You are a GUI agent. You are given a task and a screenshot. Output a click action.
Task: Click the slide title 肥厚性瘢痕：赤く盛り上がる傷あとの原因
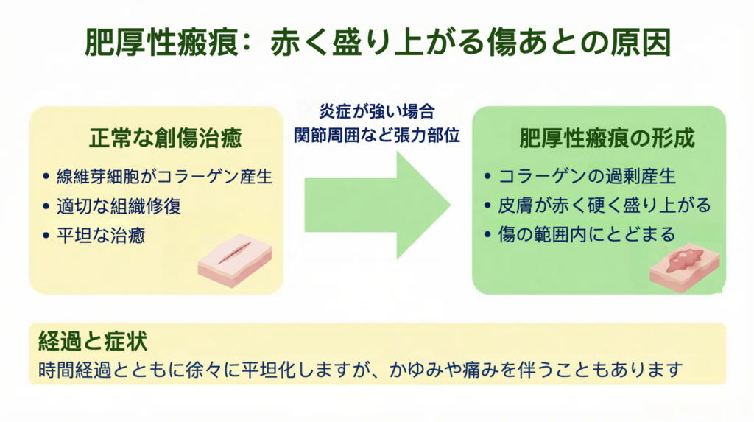[x=378, y=43]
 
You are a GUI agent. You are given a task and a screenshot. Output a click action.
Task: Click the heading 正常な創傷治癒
[x=165, y=138]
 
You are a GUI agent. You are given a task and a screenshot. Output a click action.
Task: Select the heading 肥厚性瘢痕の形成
[x=607, y=138]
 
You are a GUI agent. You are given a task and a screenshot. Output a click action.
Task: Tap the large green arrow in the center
[x=378, y=205]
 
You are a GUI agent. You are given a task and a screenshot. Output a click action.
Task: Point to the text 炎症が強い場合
[x=377, y=112]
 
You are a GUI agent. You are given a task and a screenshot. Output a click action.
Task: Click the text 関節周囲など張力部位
[x=377, y=136]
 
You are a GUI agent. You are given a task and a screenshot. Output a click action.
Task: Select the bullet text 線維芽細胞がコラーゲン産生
[x=164, y=177]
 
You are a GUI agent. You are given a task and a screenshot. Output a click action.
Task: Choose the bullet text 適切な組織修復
[x=119, y=206]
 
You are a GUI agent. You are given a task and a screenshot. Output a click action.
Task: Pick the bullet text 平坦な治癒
[x=101, y=236]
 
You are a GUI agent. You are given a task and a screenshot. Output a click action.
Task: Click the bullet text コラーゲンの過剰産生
[x=587, y=177]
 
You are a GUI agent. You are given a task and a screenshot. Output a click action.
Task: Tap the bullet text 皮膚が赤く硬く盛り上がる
[x=605, y=205]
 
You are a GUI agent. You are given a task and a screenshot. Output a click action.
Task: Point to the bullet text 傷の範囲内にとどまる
[x=587, y=235]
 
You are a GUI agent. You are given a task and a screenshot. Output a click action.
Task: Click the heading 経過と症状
[x=93, y=341]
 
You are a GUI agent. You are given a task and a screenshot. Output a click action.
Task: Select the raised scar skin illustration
[x=684, y=268]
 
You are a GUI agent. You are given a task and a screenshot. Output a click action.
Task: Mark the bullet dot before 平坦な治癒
[x=46, y=236]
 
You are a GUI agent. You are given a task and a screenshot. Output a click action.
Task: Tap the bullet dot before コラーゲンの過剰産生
[x=487, y=177]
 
